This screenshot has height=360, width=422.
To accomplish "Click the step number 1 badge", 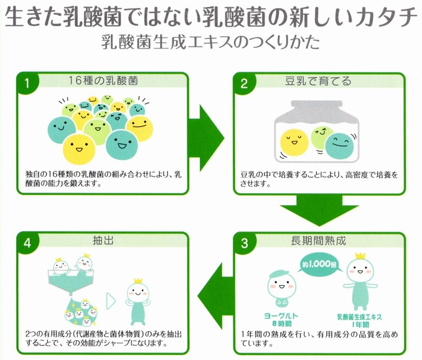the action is click(27, 83).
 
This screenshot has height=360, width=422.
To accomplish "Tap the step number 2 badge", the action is click(244, 83).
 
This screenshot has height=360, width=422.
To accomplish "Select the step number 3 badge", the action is click(244, 244).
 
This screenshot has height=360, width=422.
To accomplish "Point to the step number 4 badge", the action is click(27, 243).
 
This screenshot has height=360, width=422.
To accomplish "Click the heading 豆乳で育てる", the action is click(318, 81).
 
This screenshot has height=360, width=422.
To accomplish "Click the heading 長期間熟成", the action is click(318, 240).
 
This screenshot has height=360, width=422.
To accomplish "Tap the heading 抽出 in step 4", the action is click(103, 240).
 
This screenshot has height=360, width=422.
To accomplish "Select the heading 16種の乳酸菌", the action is click(103, 80).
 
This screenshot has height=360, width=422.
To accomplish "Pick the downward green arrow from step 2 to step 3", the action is click(319, 210).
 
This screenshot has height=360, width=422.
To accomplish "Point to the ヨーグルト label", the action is click(281, 316).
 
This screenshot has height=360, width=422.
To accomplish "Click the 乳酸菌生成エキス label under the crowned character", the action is click(360, 317).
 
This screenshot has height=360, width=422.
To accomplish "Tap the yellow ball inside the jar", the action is click(294, 143).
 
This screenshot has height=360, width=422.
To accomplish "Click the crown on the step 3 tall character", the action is click(360, 256).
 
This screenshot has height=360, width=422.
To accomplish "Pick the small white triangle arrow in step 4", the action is click(111, 301).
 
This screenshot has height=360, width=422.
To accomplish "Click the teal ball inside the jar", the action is click(339, 147).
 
